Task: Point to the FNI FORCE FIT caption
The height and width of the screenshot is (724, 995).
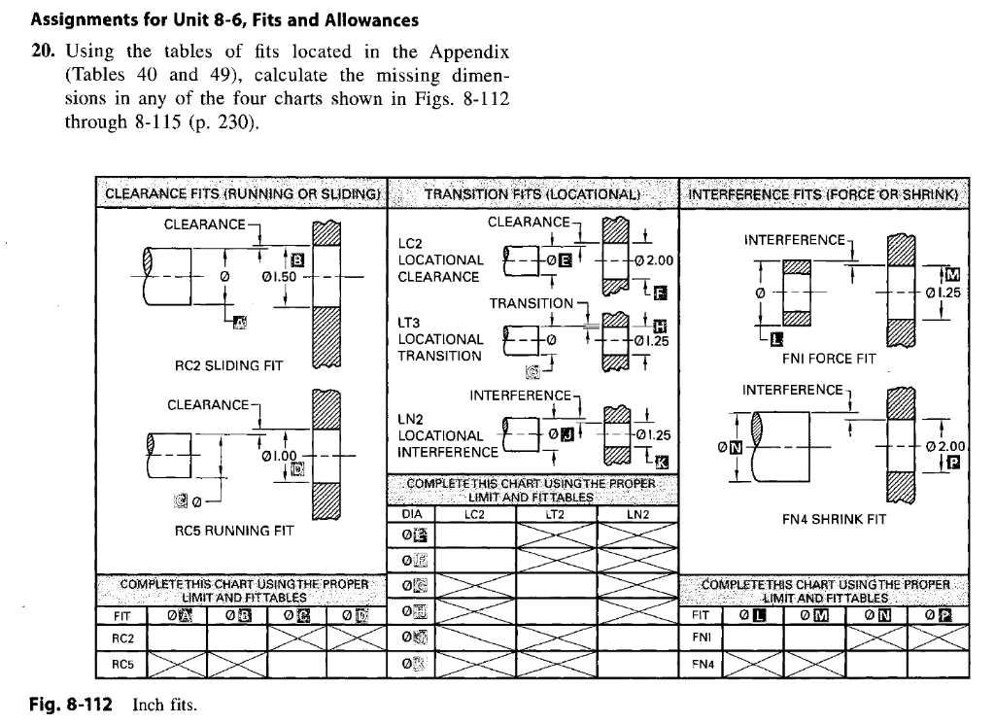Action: tap(829, 358)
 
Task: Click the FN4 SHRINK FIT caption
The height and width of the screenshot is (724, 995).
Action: tap(835, 519)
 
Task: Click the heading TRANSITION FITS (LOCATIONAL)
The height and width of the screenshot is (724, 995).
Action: tap(532, 192)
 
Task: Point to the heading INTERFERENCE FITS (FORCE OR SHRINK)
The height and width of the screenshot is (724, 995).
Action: tap(824, 192)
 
